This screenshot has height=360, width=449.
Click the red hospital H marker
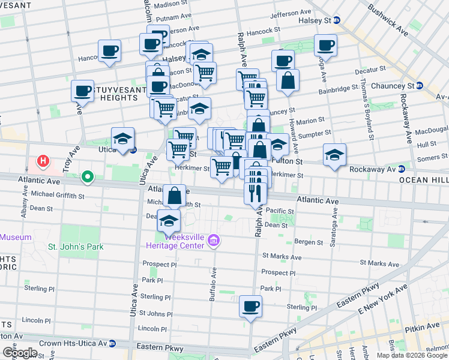tap(43, 161)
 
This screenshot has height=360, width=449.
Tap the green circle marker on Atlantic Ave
tap(88, 177)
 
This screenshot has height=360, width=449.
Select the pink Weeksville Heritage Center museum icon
tap(212, 241)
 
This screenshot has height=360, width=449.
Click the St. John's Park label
tap(76, 247)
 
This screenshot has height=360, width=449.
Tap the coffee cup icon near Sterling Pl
tap(250, 307)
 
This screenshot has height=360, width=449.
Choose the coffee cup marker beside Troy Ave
tap(82, 91)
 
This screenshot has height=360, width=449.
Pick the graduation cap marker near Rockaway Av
tap(334, 155)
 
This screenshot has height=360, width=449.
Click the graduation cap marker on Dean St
tap(169, 221)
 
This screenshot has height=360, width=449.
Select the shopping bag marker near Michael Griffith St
tap(174, 196)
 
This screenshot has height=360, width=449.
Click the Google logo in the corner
tap(20, 352)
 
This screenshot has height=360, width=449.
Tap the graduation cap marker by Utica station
tap(122, 139)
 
